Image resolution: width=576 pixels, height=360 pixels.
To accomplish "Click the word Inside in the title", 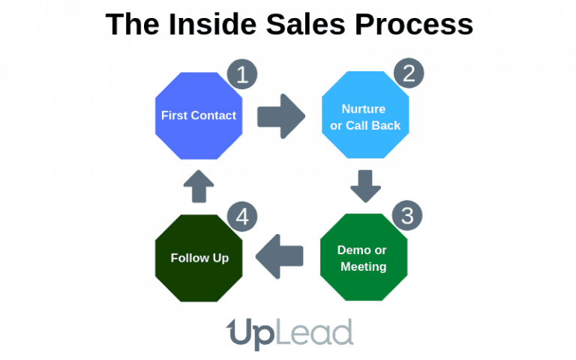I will [204, 24].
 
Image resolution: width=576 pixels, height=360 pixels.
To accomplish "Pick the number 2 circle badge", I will [409, 73].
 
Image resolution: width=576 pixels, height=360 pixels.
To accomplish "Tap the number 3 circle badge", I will [407, 215].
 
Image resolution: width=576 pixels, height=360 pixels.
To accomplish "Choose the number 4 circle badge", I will [242, 217].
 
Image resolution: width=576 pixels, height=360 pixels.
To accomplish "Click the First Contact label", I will [199, 115].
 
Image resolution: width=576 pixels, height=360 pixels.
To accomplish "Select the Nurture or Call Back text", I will [365, 116].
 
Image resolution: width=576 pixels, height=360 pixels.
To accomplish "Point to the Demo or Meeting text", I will [363, 258].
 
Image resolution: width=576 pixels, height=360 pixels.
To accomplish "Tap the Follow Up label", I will [199, 258].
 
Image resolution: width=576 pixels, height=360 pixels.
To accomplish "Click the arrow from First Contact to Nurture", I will [281, 116].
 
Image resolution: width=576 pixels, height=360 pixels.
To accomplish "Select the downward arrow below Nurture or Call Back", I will [365, 185].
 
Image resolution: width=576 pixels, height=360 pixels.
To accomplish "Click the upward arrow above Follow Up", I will [199, 186].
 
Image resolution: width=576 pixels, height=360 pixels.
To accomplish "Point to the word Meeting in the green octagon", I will [363, 266].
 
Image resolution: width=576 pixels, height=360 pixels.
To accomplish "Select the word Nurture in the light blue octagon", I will [364, 108].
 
